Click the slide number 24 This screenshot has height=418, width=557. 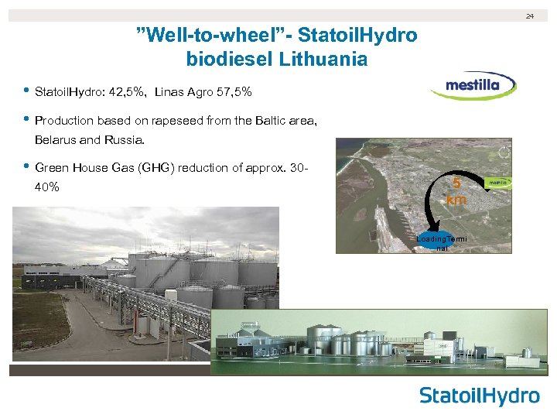pyautogui.click(x=531, y=16)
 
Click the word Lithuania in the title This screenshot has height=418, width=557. pyautogui.click(x=318, y=59)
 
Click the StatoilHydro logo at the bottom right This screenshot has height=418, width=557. pyautogui.click(x=479, y=396)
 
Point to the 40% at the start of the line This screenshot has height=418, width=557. pyautogui.click(x=46, y=187)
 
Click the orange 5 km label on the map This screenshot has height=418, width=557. pyautogui.click(x=456, y=193)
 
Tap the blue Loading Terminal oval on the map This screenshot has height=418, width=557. pyautogui.click(x=441, y=242)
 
